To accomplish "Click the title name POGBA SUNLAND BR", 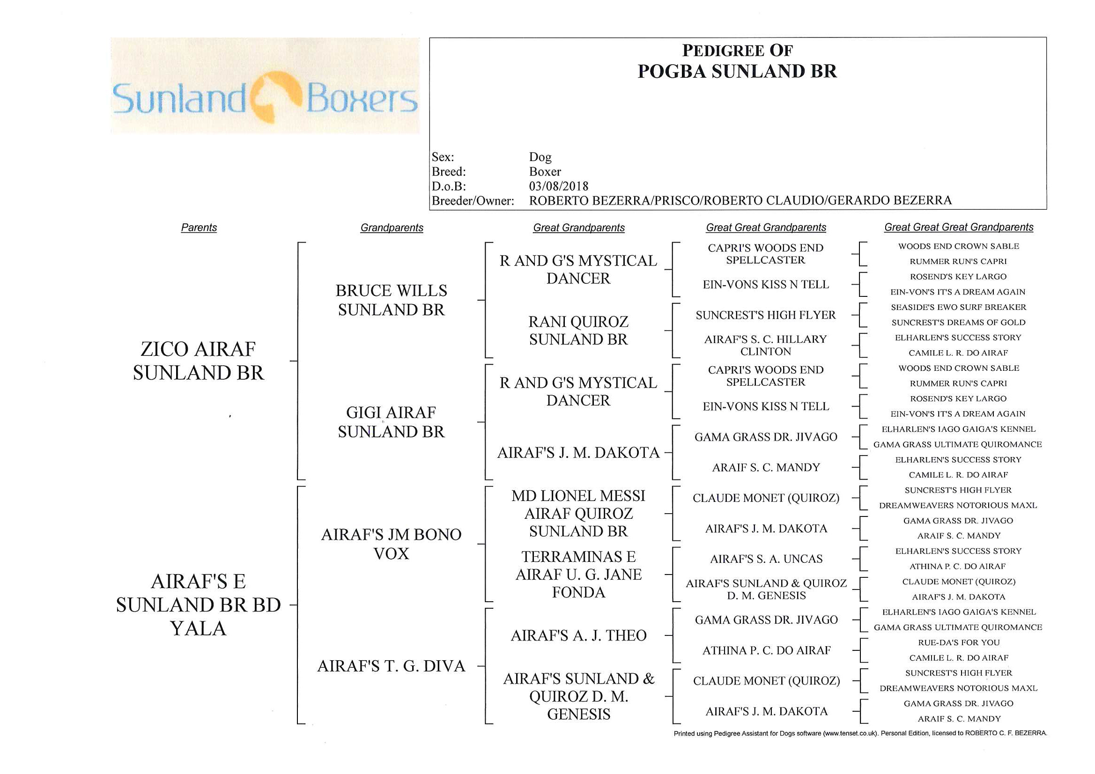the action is (737, 72).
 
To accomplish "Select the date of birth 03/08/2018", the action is (558, 186).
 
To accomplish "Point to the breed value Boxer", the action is (545, 172).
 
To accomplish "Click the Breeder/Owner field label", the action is (473, 201).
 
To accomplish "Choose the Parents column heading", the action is (199, 228).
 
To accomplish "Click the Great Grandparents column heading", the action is (578, 228).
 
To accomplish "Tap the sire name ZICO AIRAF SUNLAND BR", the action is (199, 361).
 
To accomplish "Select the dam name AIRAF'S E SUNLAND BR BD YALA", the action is (199, 604).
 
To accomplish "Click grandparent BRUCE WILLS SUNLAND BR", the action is (391, 300).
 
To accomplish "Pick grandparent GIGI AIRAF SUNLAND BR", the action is (391, 422).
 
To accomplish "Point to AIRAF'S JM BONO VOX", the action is (391, 544).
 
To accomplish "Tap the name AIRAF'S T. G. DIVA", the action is (391, 666).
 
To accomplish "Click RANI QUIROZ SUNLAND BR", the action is (578, 331).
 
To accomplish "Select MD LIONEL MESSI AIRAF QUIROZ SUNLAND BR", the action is (578, 514).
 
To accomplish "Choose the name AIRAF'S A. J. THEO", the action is (578, 635).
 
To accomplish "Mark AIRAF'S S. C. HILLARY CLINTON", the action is (765, 345).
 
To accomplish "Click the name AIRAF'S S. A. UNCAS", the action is (766, 559).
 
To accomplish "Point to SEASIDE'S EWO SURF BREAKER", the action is (959, 307).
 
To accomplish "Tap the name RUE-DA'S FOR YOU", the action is (959, 642).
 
